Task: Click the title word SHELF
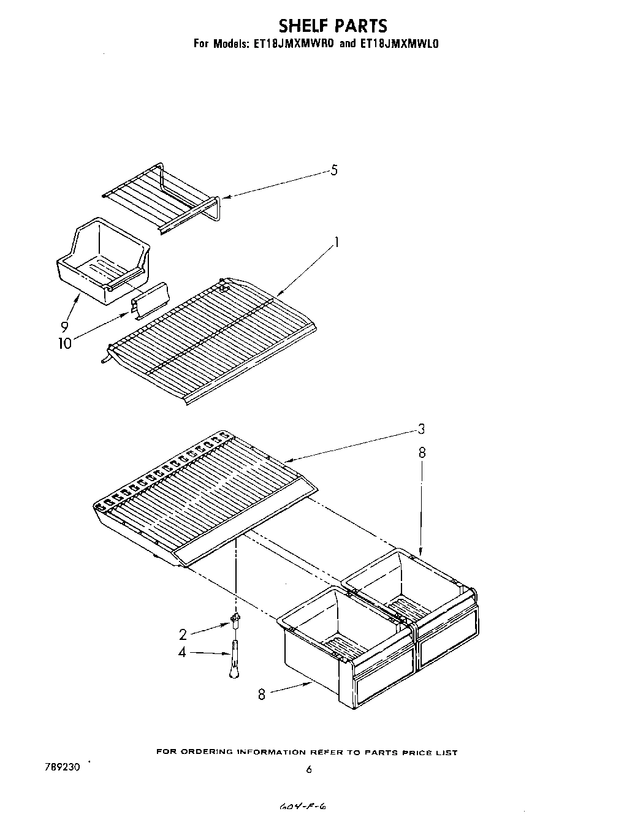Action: tap(303, 26)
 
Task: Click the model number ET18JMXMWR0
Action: tap(290, 44)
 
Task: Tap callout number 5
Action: tap(334, 170)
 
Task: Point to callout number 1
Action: tap(336, 243)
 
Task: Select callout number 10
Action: tap(64, 343)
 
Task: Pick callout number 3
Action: tap(421, 429)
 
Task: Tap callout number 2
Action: tap(183, 634)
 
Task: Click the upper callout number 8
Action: tap(422, 453)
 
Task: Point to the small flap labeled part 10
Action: tap(150, 300)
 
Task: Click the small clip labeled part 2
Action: tap(235, 621)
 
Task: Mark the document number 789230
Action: tap(62, 766)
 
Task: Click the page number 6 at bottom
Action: tap(309, 769)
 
